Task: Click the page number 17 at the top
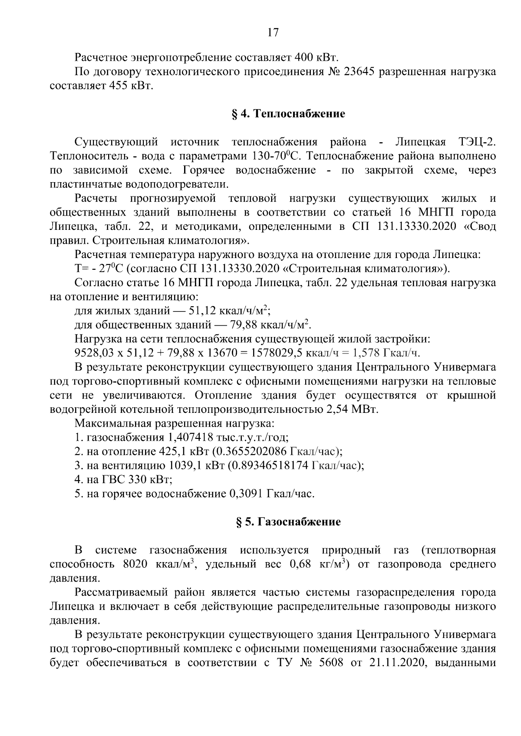(273, 33)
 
